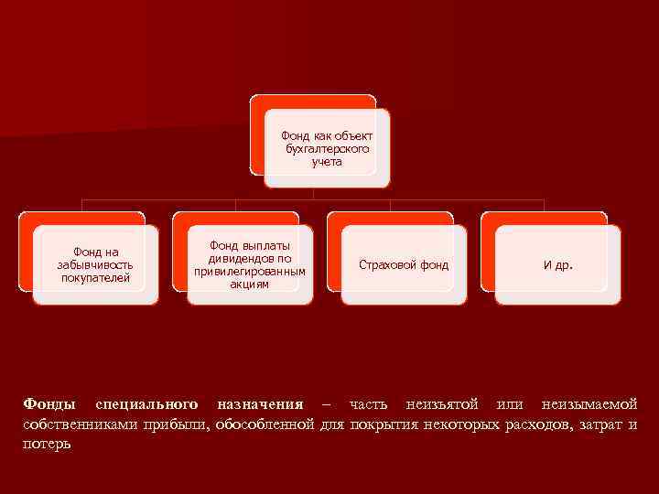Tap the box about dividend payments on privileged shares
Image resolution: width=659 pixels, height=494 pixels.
coord(250,264)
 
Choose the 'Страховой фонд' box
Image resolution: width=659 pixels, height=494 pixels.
coord(404,264)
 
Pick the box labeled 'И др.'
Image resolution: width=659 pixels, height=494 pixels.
coord(557,264)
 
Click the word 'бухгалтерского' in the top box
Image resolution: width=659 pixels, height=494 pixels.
coord(327,148)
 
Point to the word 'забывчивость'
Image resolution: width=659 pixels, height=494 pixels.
coord(94,264)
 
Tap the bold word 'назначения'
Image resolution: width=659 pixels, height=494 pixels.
coord(259,403)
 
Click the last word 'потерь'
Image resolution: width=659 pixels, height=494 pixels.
coord(47,444)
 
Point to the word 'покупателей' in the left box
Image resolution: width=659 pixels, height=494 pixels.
coord(95,277)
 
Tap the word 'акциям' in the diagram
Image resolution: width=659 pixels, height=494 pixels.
coord(250,285)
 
